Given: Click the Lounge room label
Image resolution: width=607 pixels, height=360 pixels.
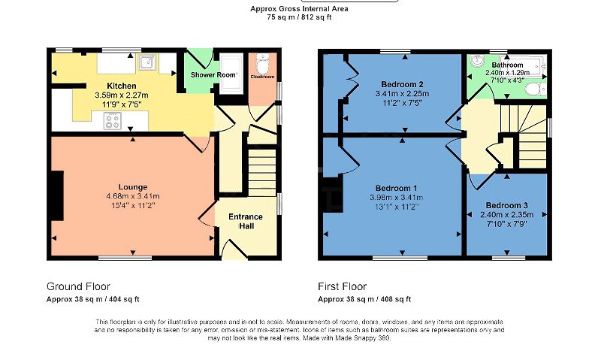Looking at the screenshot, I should tap(132, 186).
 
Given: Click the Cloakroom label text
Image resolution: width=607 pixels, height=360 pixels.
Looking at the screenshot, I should tap(262, 77).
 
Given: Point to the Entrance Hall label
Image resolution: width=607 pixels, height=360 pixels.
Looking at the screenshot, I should tap(245, 220).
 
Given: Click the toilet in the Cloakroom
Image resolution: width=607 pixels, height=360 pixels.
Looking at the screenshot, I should tap(262, 61).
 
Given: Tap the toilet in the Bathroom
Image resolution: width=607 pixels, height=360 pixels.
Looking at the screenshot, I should tap(534, 90).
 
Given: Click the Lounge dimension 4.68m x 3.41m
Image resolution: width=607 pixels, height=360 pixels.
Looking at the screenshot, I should tap(132, 196).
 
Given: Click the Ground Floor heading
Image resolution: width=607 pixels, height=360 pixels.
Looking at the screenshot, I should tap(78, 286).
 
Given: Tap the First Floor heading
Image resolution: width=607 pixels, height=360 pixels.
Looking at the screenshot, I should tap(343, 286).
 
